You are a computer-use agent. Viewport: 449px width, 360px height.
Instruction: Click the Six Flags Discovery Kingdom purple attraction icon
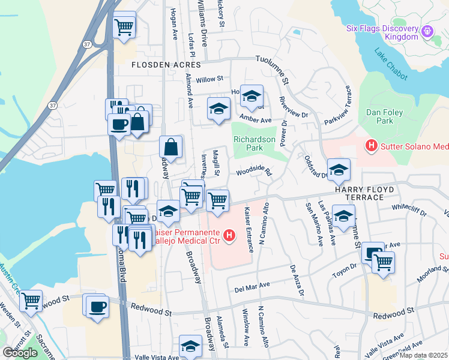coord(427,31)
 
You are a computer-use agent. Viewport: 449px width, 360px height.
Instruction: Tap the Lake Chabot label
coord(391,65)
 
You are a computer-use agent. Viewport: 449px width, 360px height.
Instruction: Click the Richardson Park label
coord(255,143)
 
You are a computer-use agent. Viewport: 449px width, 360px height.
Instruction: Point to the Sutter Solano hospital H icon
coord(371,145)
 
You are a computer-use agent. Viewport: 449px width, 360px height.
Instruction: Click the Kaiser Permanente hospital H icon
coord(229,236)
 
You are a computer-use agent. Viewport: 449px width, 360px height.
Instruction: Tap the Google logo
coord(20,353)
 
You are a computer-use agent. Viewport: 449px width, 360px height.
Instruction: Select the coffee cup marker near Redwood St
coord(97,307)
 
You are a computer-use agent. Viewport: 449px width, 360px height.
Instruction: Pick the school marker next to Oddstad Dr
coord(339,170)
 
